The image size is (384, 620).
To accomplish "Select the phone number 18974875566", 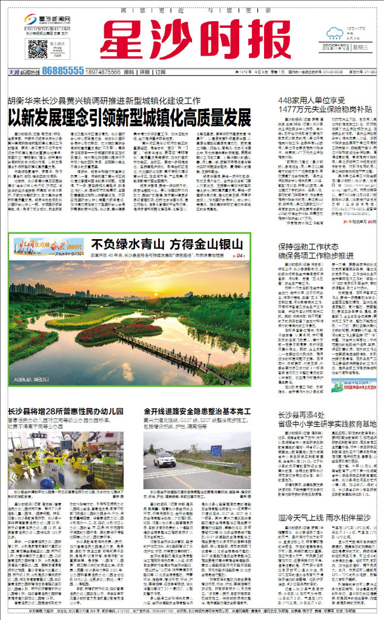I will click(x=102, y=71).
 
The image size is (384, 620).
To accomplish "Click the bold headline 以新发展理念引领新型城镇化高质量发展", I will click(x=129, y=117).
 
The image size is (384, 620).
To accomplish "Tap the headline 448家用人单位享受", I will click(x=310, y=99).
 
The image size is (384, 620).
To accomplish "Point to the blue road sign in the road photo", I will click(x=216, y=450).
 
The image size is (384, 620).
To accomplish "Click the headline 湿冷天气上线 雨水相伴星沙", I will click(x=324, y=518).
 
